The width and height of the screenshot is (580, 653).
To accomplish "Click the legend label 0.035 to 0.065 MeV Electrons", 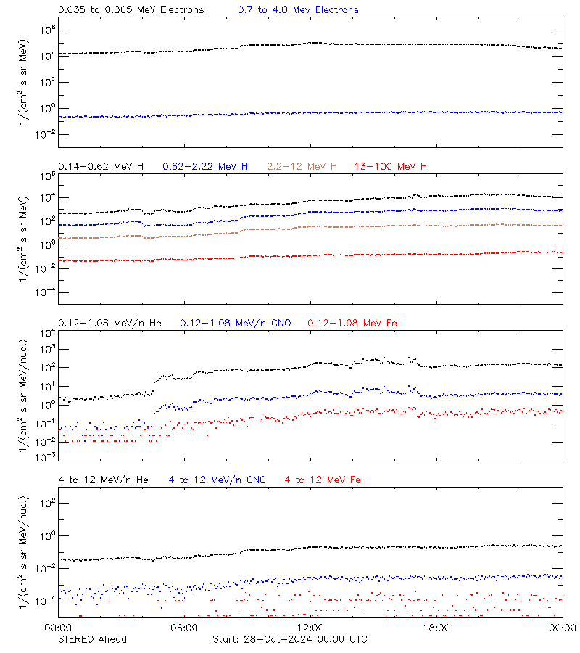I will click(x=130, y=10).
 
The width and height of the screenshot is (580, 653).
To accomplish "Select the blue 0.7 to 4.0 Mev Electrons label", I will click(x=298, y=10).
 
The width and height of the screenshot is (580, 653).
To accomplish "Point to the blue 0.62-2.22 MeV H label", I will click(x=205, y=167).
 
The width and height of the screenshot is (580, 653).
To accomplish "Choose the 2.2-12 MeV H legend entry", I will click(x=302, y=167).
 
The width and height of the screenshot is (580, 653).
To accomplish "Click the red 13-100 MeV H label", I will click(x=391, y=167).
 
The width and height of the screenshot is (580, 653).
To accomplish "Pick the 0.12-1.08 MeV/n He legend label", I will click(x=113, y=323).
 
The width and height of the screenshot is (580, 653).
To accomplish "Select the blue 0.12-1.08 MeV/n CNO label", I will click(x=236, y=323).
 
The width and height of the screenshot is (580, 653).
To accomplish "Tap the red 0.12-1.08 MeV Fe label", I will click(x=352, y=323).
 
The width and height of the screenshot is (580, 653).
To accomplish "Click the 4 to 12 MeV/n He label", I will click(x=103, y=480).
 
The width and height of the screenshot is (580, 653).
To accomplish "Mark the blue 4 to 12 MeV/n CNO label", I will click(x=217, y=480).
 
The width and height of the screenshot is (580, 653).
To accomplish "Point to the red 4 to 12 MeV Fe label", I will click(x=323, y=480).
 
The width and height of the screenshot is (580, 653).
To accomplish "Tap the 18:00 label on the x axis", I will click(x=436, y=628).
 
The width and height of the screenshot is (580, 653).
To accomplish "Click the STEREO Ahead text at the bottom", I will click(x=92, y=639).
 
